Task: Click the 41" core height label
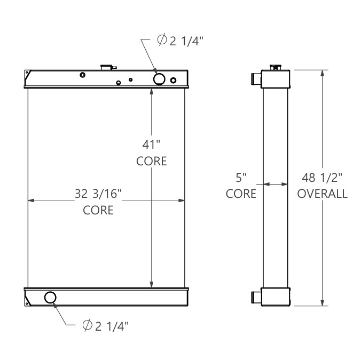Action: [151, 145]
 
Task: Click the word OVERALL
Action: [322, 194]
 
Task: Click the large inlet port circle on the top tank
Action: [159, 79]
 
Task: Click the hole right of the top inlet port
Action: [173, 81]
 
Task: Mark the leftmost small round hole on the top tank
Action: [82, 75]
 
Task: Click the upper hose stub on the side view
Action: [255, 79]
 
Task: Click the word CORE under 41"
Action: [151, 161]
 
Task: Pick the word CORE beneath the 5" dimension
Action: [241, 194]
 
